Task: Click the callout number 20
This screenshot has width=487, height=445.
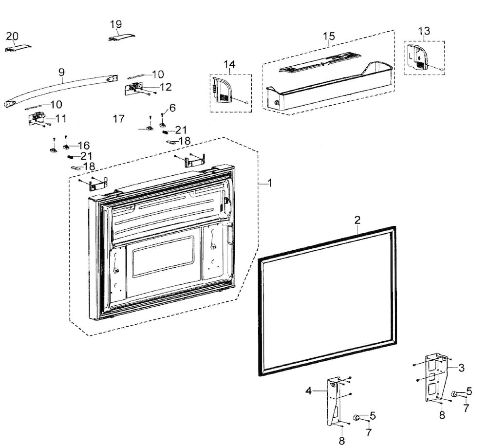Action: click(x=12, y=36)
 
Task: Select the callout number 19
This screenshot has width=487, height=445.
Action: click(x=116, y=24)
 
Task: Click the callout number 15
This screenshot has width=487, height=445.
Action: click(x=329, y=36)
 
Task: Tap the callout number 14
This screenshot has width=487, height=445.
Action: click(x=229, y=65)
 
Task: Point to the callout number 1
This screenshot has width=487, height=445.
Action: click(x=270, y=183)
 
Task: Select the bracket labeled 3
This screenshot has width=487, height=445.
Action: click(x=436, y=377)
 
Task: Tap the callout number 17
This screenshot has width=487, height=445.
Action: click(x=118, y=118)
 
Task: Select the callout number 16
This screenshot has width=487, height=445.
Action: click(x=83, y=145)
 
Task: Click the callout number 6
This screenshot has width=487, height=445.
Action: click(x=172, y=107)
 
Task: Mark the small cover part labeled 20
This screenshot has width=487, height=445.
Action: click(x=18, y=48)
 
